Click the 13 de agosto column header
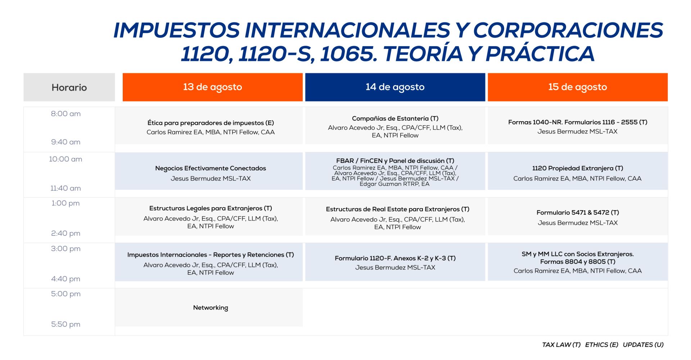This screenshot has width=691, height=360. [x=212, y=87]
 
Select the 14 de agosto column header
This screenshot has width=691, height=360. [x=395, y=87]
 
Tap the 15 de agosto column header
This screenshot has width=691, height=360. [x=578, y=87]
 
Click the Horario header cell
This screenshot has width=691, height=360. [x=69, y=87]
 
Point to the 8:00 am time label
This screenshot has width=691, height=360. [x=66, y=114]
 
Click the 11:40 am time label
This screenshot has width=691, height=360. [x=66, y=188]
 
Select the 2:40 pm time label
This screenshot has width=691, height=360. [x=66, y=233]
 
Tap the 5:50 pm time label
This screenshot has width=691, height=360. [x=66, y=324]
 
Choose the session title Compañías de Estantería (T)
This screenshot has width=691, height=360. [x=395, y=118]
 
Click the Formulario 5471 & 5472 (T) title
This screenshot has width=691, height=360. [x=578, y=213]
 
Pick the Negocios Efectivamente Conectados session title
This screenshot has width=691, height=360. [x=211, y=168]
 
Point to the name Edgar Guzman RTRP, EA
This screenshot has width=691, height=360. [x=394, y=184]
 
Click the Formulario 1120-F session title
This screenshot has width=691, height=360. [x=395, y=258]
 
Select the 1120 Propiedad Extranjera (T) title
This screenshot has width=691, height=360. [x=578, y=168]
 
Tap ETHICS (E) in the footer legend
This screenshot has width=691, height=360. [x=601, y=345]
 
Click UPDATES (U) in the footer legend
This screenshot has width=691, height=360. [x=643, y=345]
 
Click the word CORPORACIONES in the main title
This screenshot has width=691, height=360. [x=568, y=30]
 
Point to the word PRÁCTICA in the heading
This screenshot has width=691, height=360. [x=540, y=54]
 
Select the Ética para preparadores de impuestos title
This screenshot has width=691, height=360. [x=211, y=123]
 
